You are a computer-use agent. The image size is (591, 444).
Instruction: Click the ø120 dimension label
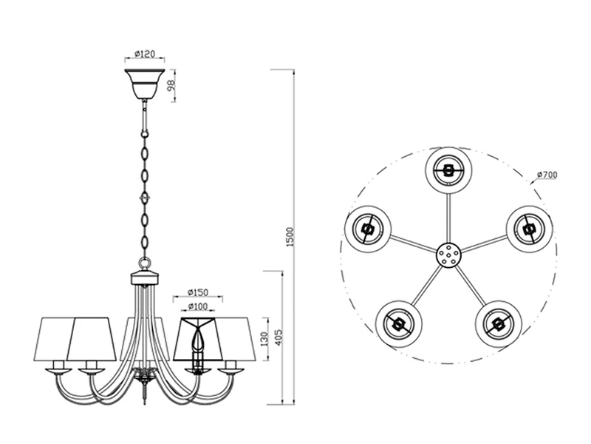(x=145, y=54)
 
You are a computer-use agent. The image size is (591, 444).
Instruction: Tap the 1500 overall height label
(x=290, y=237)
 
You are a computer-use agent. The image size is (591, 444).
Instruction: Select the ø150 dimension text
(x=198, y=292)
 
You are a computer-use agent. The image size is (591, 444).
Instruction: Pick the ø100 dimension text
(x=198, y=306)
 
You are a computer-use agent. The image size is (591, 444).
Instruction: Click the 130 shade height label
(x=264, y=339)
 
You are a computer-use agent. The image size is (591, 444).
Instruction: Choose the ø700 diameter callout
(x=547, y=175)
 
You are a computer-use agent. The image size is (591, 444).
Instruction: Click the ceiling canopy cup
(x=145, y=84)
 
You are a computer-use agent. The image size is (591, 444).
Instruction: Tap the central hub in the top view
(x=448, y=255)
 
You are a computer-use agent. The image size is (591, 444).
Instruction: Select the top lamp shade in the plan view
(x=448, y=170)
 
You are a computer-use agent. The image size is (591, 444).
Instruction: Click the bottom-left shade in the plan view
(x=398, y=324)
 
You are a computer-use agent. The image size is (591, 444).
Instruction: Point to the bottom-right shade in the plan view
(x=499, y=324)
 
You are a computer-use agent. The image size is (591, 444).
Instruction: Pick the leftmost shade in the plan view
(x=367, y=229)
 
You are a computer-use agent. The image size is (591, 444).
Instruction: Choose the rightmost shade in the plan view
(x=530, y=229)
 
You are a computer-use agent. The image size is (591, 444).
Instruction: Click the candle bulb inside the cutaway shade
(x=197, y=340)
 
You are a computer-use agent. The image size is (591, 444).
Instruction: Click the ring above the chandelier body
(x=145, y=263)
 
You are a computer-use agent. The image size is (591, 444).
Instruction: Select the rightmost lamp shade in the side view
(x=236, y=339)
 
